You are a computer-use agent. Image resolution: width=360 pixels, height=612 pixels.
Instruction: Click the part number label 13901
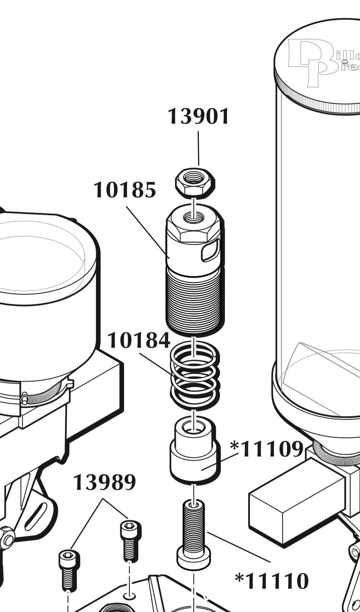coord(199,116)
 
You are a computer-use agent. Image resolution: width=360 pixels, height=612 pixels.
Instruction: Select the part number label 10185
coord(125,190)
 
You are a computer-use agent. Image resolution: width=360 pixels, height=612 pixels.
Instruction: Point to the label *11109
coord(267,449)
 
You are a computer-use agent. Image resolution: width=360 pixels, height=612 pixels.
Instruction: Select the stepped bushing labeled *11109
coord(195,452)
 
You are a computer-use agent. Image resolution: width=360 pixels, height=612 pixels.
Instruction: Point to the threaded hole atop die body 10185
coord(194,216)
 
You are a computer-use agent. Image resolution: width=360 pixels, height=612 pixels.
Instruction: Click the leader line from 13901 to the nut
coord(199,148)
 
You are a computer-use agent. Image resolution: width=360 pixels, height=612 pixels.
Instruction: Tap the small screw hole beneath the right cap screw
coord(129,596)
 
